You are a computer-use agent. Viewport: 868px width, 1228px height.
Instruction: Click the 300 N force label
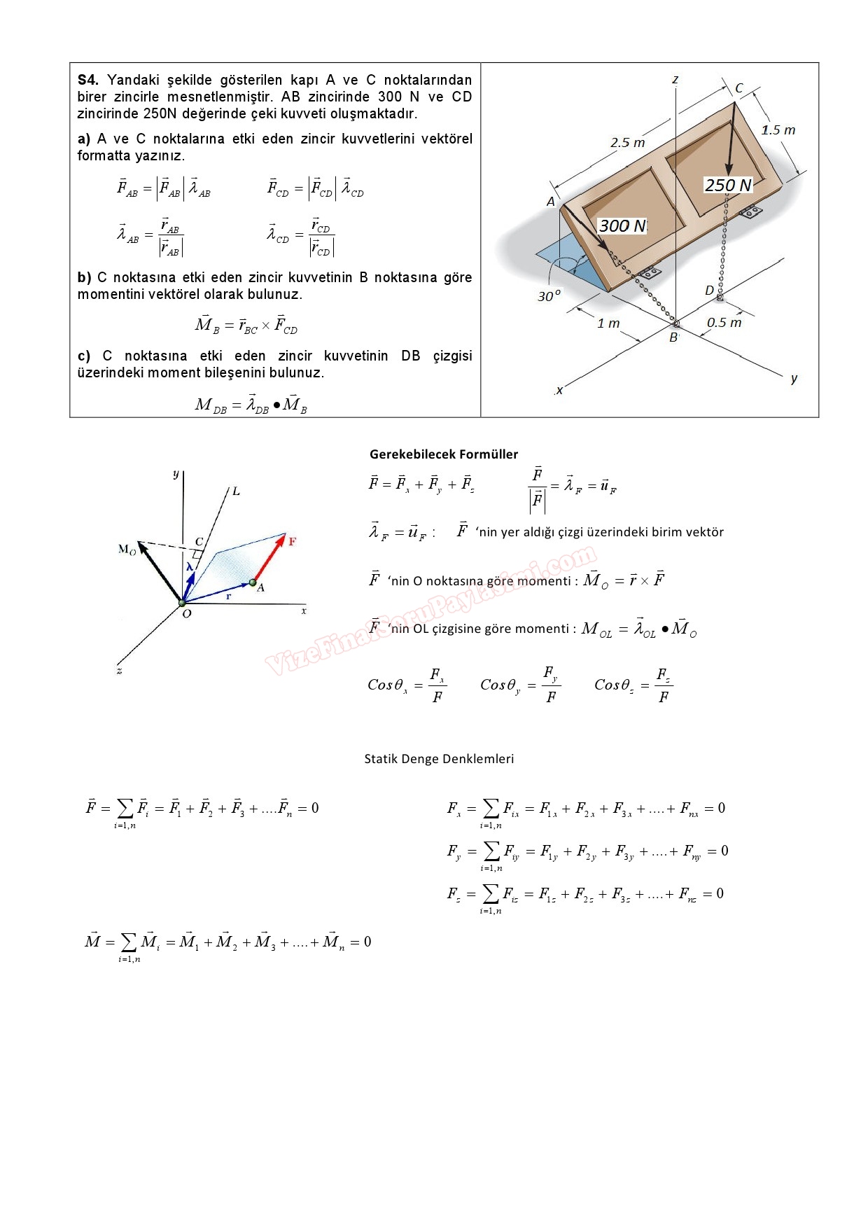click(x=622, y=226)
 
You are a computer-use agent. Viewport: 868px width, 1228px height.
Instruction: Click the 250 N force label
click(x=728, y=186)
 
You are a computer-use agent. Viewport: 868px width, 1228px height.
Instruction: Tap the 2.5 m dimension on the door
click(x=628, y=143)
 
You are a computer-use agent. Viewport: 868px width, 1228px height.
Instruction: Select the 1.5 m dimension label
click(x=778, y=130)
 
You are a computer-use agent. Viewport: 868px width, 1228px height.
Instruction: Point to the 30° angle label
click(x=549, y=296)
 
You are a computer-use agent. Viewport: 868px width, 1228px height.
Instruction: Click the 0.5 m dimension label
click(x=724, y=323)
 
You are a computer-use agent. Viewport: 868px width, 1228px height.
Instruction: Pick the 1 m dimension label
click(x=608, y=323)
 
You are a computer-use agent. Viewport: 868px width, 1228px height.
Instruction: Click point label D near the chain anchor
click(x=709, y=291)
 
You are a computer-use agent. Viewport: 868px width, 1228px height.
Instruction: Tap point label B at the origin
click(x=673, y=337)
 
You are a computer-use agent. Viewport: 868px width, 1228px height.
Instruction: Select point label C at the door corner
click(x=738, y=89)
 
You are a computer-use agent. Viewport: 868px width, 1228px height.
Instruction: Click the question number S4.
click(x=88, y=80)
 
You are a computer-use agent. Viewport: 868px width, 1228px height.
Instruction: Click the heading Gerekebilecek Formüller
click(x=444, y=454)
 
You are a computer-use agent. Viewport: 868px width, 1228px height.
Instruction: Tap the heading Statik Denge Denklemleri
click(x=439, y=759)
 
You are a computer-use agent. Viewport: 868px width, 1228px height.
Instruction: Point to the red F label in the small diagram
click(x=292, y=541)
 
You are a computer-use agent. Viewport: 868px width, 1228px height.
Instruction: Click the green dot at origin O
click(x=182, y=603)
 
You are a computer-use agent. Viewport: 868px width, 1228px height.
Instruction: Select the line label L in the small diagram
click(x=236, y=491)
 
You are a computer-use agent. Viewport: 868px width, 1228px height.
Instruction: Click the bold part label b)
click(x=84, y=278)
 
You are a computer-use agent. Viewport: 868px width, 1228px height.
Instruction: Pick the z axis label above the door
click(x=675, y=80)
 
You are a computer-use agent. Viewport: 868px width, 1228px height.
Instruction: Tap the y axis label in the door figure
click(x=794, y=379)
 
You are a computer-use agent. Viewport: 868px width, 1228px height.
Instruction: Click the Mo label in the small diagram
click(x=127, y=550)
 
